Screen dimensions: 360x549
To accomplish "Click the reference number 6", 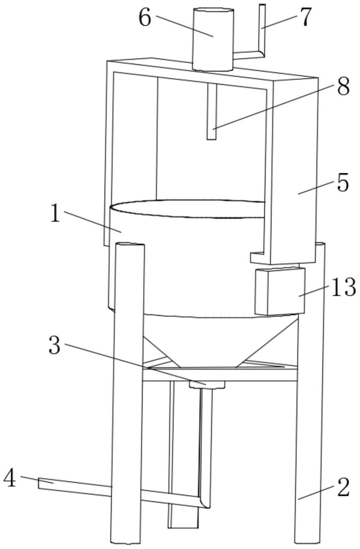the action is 145,18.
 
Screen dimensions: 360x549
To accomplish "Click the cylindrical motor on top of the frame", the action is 213,39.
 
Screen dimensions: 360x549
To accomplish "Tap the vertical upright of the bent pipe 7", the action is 262,27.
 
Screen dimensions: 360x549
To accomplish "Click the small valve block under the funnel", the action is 207,385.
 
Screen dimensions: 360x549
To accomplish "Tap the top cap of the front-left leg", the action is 130,245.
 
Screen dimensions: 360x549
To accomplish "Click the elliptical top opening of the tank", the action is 187,209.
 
